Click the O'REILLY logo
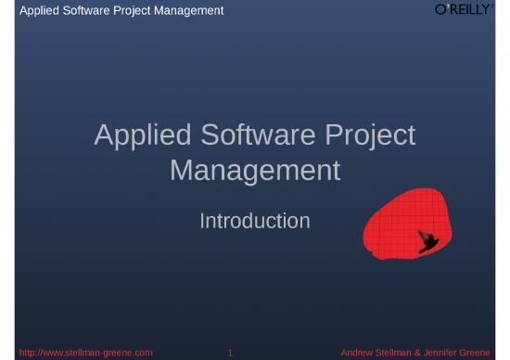coord(463,9)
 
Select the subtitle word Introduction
coord(255,221)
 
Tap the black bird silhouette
coord(427,241)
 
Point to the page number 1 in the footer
coord(230,353)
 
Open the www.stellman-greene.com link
coord(85,353)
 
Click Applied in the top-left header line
coord(38,10)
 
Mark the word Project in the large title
coord(370,135)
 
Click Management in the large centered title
coord(255,171)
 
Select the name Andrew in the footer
coord(359,353)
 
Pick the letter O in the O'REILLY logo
coord(441,9)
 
